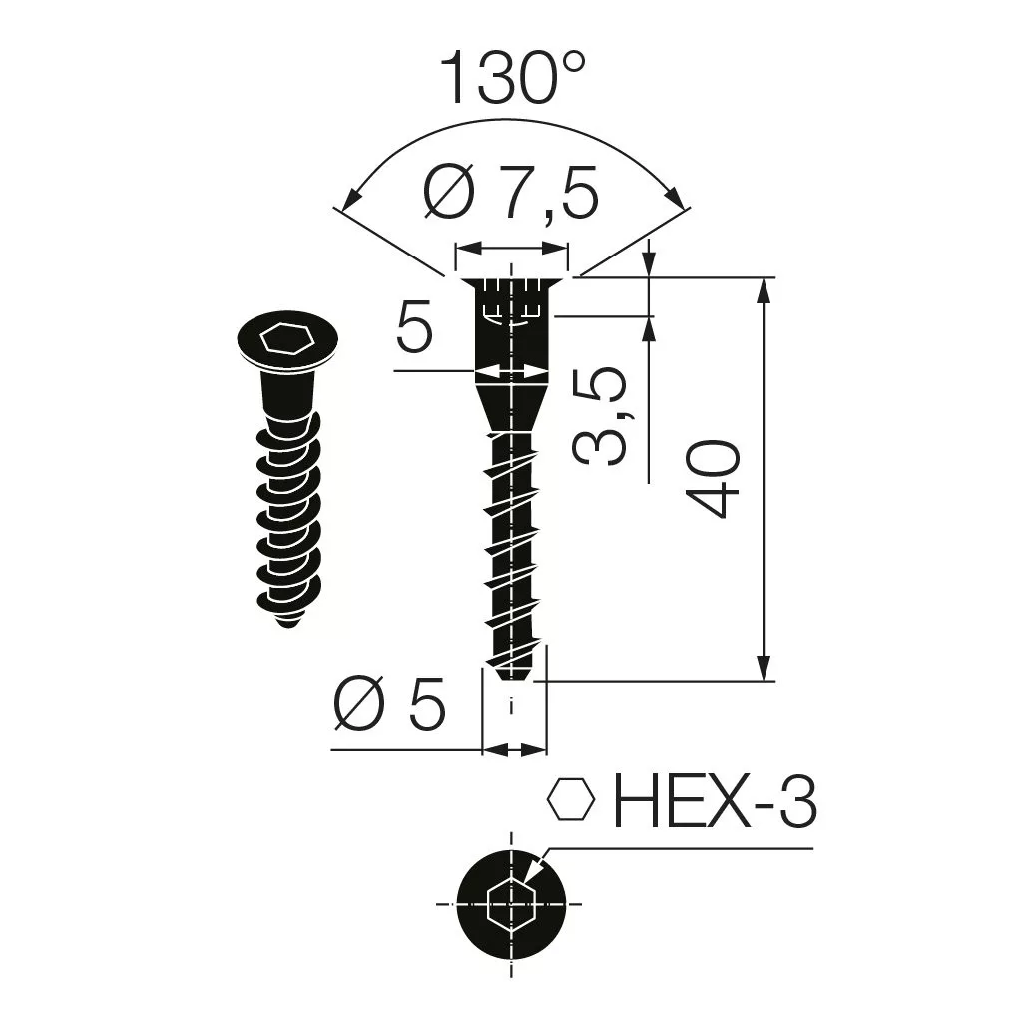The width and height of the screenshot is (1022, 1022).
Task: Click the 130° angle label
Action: tap(513, 79)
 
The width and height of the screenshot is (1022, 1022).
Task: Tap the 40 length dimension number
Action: tap(713, 479)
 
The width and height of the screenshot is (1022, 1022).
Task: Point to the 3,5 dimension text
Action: tap(599, 416)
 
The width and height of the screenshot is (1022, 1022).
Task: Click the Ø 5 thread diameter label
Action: tap(389, 704)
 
